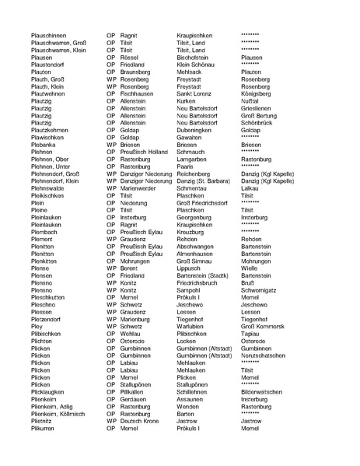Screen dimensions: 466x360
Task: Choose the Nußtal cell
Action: [x=251, y=101]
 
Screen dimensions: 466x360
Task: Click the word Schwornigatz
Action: [x=261, y=289]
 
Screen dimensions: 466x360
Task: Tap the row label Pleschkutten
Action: [x=48, y=297]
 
